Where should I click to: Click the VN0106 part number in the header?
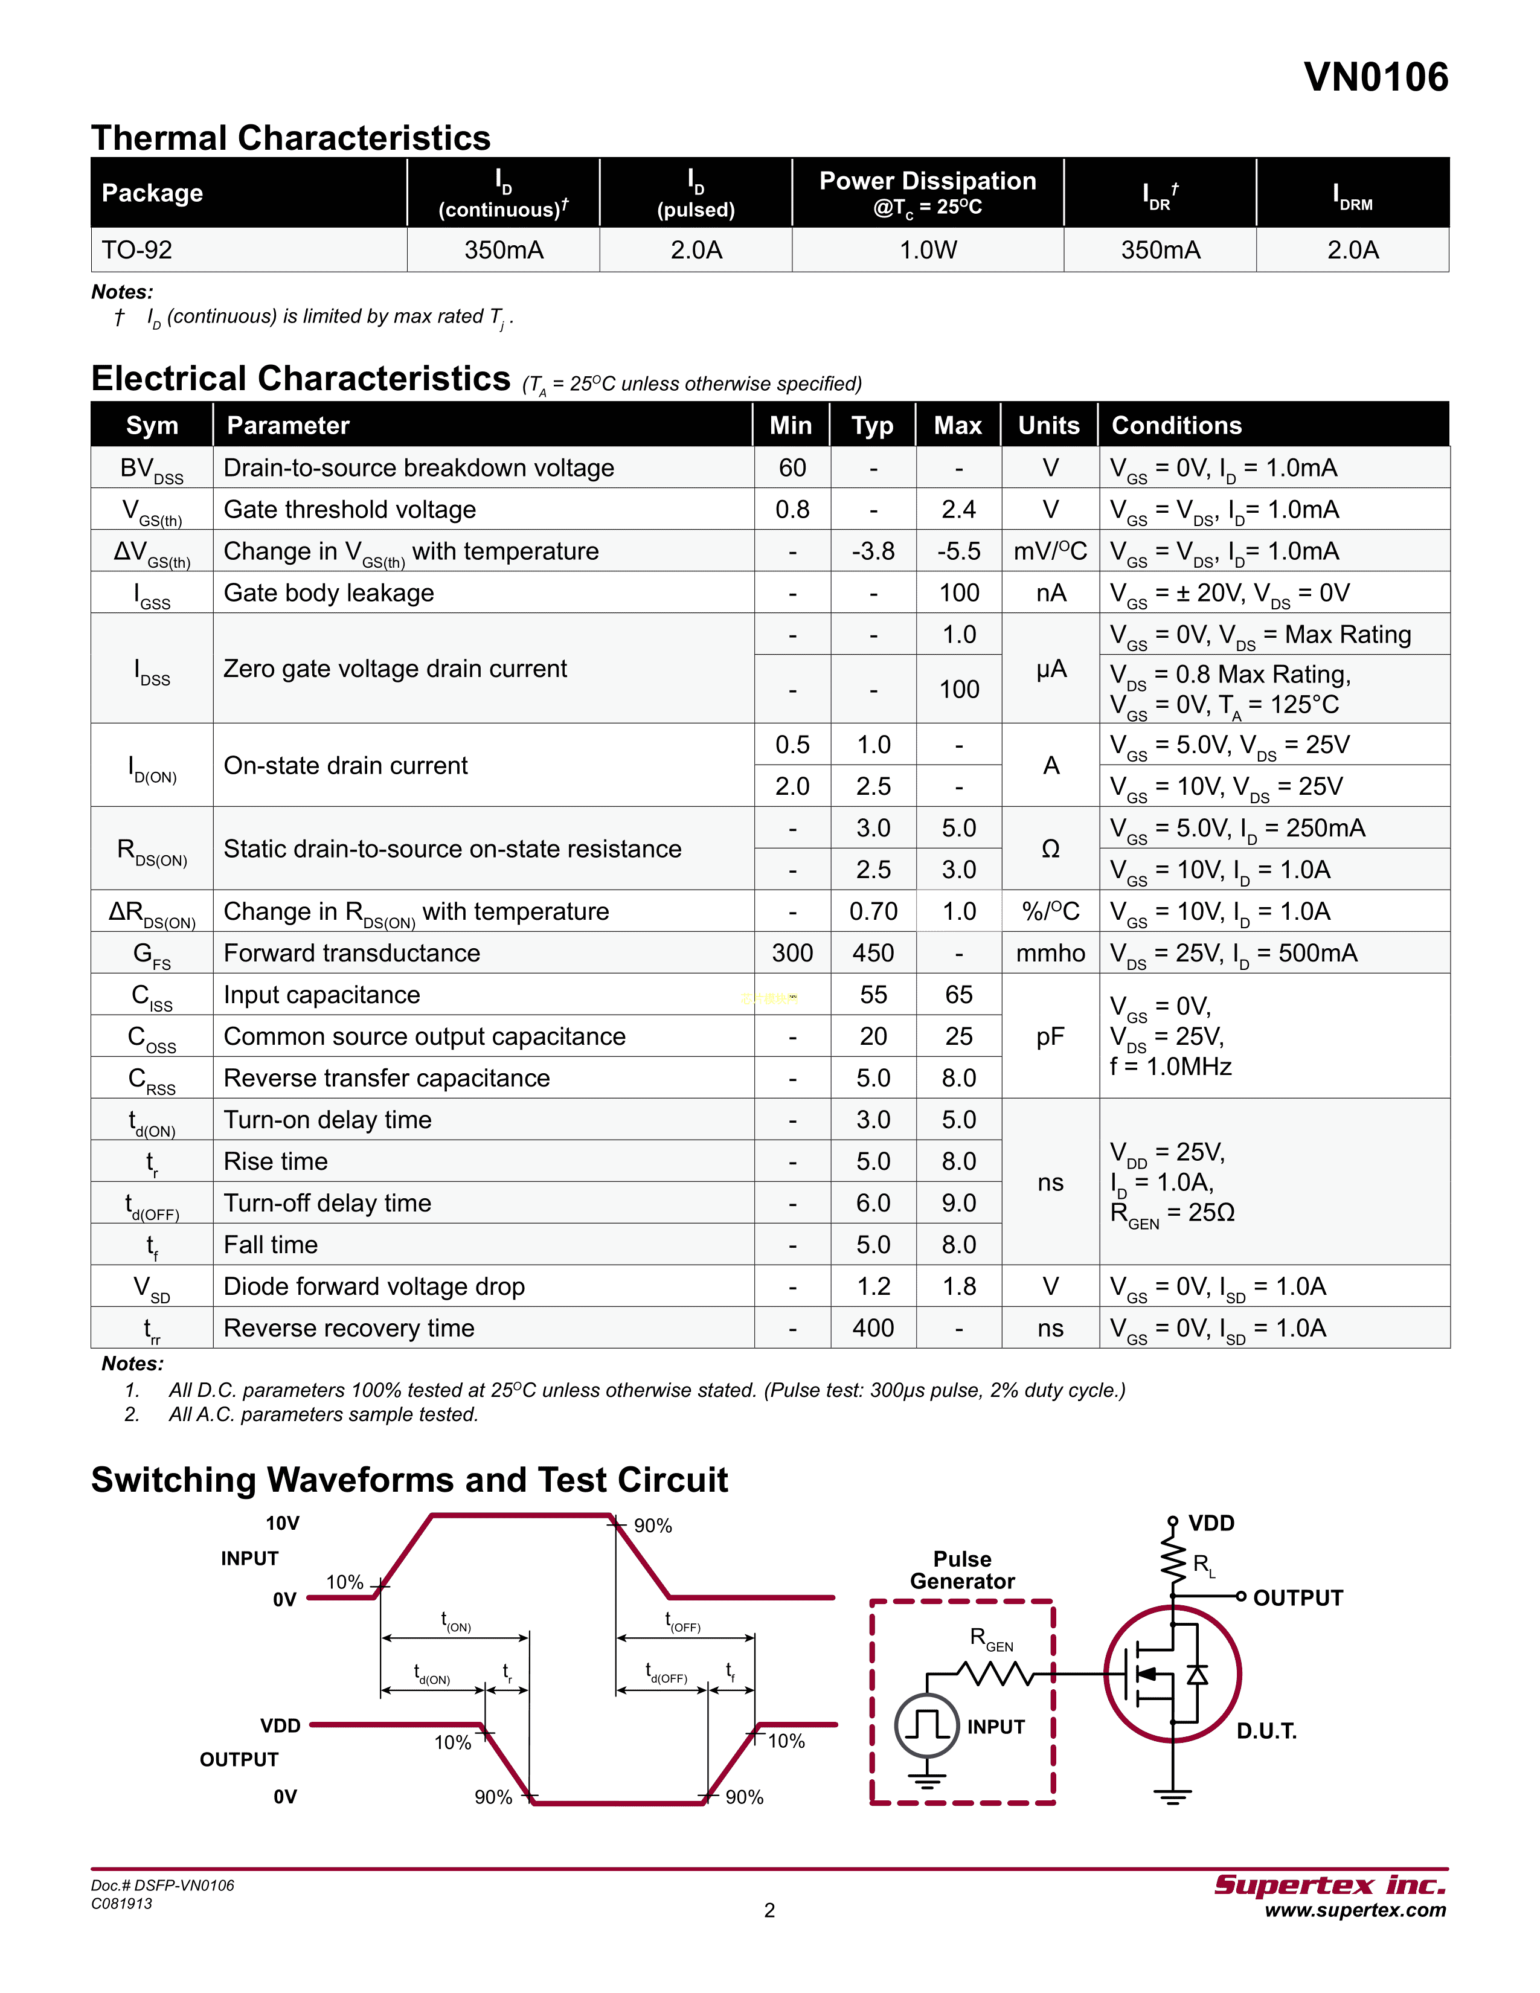point(1375,77)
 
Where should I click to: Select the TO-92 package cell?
point(137,250)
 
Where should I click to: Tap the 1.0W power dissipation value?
point(928,250)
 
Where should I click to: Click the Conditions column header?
point(1177,425)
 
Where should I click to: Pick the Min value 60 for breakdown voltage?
point(792,468)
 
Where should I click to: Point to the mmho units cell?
point(1050,954)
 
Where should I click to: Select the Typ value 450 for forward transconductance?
point(873,954)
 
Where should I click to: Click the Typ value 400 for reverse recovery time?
point(873,1329)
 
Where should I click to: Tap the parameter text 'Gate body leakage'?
point(329,593)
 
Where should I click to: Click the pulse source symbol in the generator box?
point(927,1725)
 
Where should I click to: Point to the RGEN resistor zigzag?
point(995,1673)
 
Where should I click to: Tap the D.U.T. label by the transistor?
point(1266,1731)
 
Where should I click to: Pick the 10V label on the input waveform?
point(282,1523)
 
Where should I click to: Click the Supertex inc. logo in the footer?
point(1329,1885)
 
